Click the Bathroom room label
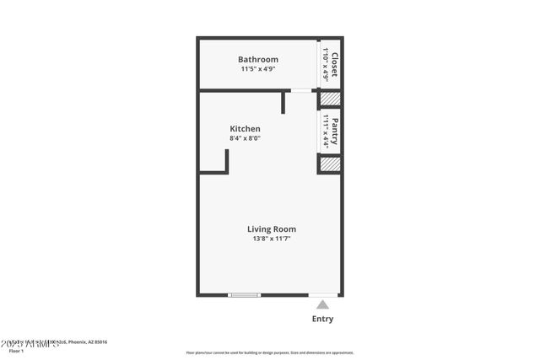point(257,60)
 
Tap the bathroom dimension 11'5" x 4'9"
point(257,71)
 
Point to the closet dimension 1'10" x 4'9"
point(325,63)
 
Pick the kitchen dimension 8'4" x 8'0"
point(245,139)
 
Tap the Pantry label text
point(335,132)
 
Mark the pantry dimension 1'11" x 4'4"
point(325,132)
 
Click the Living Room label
point(271,229)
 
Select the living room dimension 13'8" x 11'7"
point(271,239)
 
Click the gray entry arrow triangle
point(322,305)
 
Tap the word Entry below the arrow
point(322,320)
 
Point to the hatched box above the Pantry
point(329,99)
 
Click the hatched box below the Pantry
point(329,164)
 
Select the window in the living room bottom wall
point(245,295)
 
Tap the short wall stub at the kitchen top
point(284,101)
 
